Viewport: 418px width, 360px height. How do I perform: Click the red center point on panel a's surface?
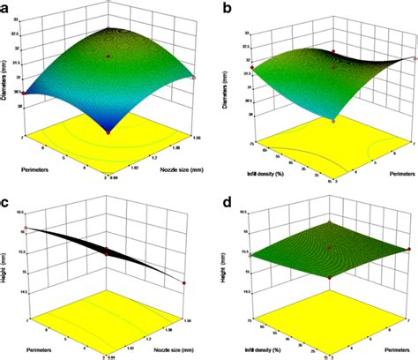click(108, 56)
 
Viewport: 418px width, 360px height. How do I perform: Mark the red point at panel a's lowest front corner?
click(108, 131)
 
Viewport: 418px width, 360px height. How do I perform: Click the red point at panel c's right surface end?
click(183, 283)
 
